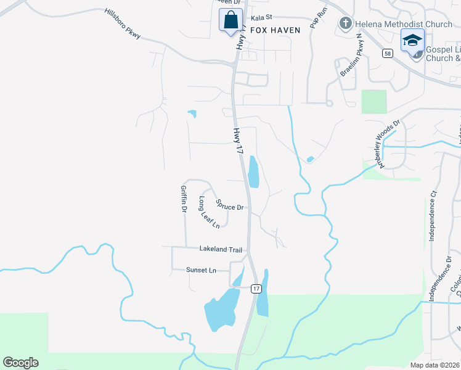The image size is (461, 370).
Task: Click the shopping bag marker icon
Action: point(230,20)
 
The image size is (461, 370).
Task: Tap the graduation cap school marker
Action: point(412,41)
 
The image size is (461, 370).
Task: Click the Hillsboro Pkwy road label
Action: point(123,23)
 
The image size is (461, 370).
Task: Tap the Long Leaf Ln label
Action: point(209,213)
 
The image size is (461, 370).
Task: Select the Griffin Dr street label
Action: point(184,199)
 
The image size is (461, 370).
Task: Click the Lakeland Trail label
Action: point(221,249)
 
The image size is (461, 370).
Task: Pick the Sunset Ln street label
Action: point(202,270)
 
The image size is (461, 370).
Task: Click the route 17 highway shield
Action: point(256,289)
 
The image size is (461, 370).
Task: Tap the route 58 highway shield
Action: point(387,54)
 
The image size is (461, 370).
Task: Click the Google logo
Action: point(21,363)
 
